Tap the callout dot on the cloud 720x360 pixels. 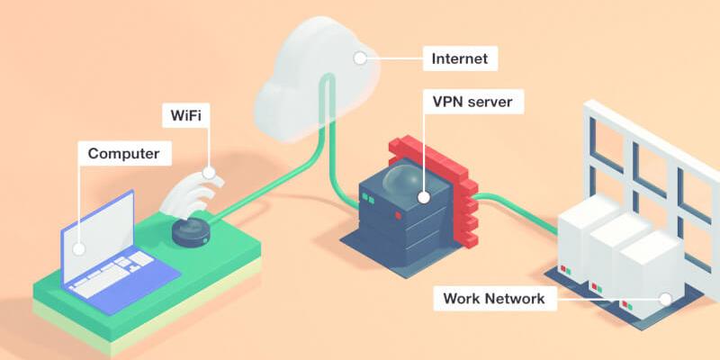click(x=360, y=60)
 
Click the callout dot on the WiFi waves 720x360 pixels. click(x=209, y=171)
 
